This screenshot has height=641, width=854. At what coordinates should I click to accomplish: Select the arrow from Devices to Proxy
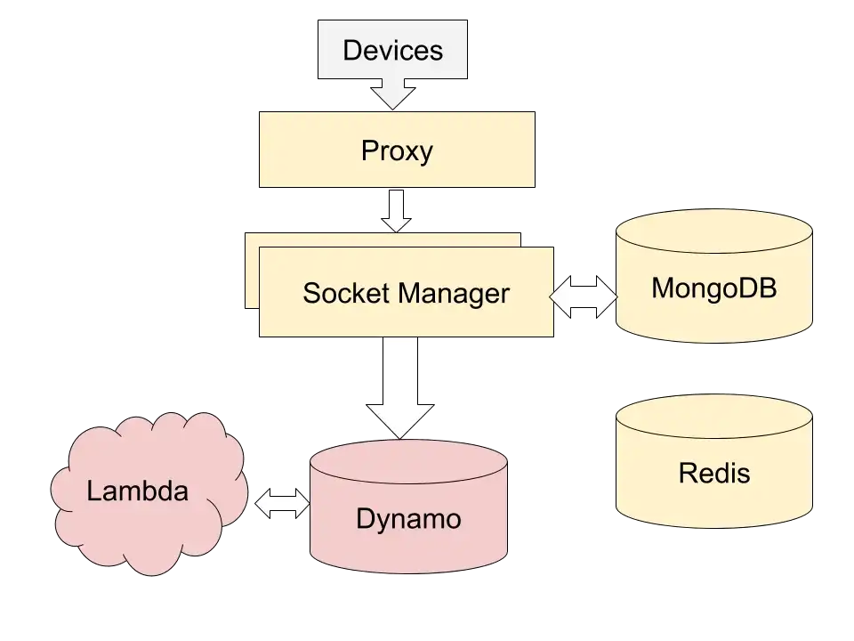[x=392, y=93]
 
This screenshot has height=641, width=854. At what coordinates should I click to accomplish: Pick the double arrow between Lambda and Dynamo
[x=282, y=504]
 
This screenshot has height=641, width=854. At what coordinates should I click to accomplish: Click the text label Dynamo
[x=408, y=518]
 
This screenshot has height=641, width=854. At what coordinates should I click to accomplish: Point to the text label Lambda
[x=138, y=491]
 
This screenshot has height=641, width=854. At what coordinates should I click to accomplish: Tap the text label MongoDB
[x=713, y=288]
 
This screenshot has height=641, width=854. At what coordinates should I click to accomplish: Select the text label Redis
[x=713, y=473]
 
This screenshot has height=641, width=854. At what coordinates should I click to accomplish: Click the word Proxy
[x=397, y=150]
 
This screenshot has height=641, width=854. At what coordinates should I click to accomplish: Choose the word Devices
[x=392, y=49]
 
